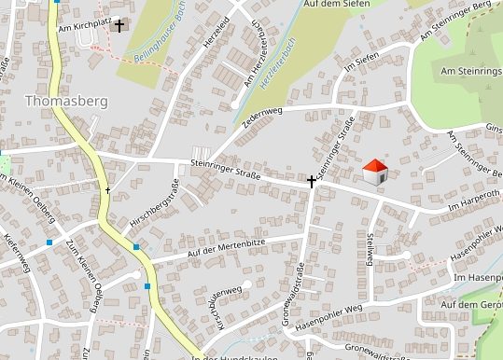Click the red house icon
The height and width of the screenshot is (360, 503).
[x=375, y=171]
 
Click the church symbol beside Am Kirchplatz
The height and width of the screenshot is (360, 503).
[x=119, y=26]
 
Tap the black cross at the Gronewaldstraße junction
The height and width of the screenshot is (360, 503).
[x=312, y=180]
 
